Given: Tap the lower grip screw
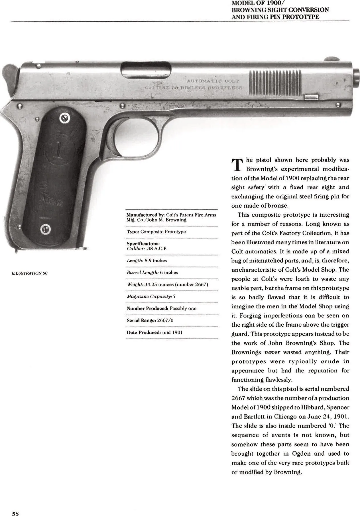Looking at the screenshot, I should [x=45, y=229].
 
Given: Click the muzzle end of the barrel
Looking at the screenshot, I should [x=356, y=77].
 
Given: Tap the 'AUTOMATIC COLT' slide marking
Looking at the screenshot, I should [x=213, y=81].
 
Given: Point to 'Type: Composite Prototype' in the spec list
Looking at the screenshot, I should [x=156, y=232].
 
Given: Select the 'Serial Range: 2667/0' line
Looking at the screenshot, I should [x=150, y=320].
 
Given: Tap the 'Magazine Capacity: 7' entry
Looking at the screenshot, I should [x=151, y=296].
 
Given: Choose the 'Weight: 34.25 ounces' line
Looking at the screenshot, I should [x=167, y=284].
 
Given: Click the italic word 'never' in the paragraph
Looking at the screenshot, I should [x=273, y=353].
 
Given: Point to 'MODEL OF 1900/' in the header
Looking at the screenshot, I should [x=257, y=3].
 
